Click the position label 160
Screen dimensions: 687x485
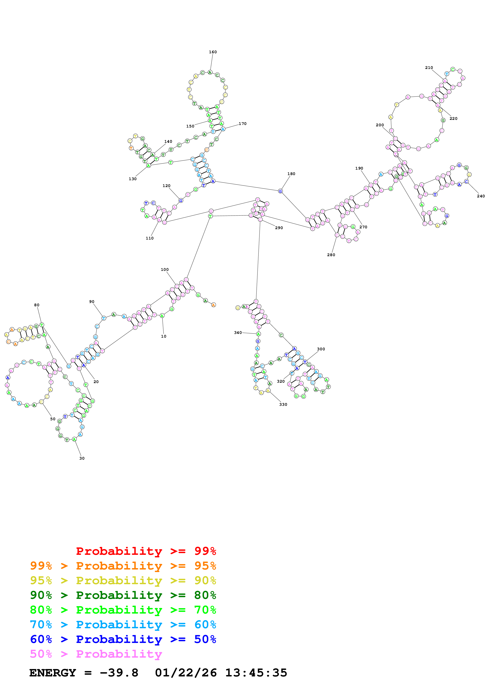point(213,52)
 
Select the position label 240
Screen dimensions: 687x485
point(481,196)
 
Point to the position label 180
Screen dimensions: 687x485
point(291,174)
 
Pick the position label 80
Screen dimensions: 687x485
point(36,305)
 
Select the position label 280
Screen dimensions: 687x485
point(331,255)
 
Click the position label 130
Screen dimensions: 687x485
point(132,179)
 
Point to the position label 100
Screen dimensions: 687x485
point(165,270)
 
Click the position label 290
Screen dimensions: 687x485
point(279,228)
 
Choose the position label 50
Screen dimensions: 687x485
point(53,419)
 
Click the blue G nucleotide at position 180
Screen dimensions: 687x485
point(280,191)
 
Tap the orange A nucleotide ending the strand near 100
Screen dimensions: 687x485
point(213,305)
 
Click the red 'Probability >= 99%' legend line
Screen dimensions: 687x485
point(146,551)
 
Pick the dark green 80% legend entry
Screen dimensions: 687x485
point(123,595)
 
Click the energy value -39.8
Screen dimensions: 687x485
point(119,673)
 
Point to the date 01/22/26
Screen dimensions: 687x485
point(186,673)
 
